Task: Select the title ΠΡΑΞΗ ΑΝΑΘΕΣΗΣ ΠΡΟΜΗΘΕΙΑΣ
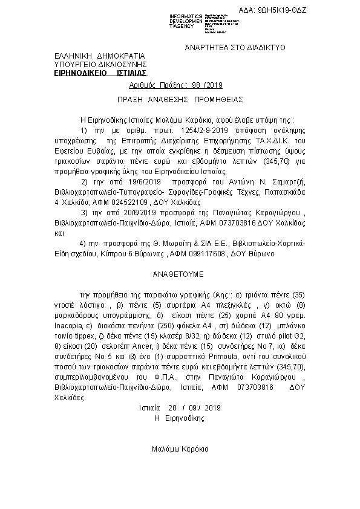point(180,99)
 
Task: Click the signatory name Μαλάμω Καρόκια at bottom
point(180,449)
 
